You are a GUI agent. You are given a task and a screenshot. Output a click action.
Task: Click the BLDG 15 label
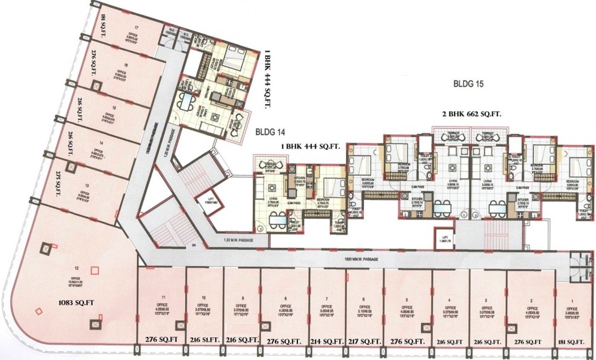pyautogui.click(x=468, y=85)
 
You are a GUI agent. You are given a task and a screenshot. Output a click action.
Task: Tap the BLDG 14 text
pyautogui.click(x=270, y=133)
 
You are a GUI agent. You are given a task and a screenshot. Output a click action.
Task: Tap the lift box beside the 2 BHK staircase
pyautogui.click(x=443, y=239)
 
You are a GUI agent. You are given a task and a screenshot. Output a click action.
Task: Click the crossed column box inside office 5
pyautogui.click(x=426, y=328)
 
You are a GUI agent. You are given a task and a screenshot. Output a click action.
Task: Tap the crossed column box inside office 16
pyautogui.click(x=96, y=86)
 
